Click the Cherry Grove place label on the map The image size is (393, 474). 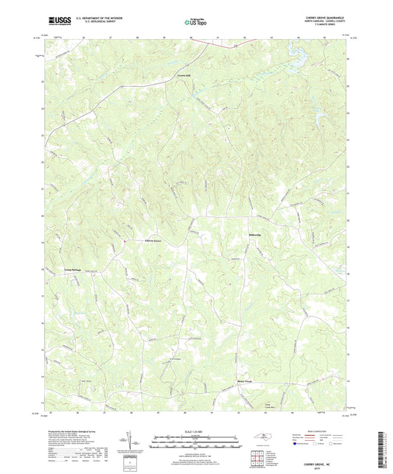coord(150,241)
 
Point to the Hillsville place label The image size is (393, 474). coord(251,236)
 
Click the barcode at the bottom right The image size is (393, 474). coord(380,445)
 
